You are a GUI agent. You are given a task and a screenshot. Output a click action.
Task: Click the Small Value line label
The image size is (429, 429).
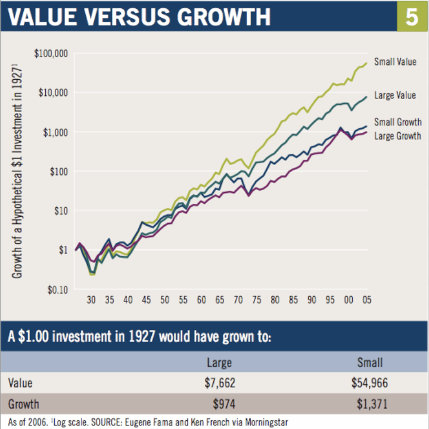point(395,62)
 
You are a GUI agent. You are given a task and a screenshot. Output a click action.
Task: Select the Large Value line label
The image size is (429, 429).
point(395,95)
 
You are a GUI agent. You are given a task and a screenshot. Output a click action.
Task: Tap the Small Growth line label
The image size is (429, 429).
point(397,122)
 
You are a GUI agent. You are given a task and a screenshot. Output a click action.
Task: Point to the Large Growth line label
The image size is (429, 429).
point(397,136)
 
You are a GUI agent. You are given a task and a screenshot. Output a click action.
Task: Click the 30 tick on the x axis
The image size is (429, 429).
point(91,300)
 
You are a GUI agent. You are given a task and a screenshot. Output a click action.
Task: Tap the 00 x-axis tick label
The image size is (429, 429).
point(348,300)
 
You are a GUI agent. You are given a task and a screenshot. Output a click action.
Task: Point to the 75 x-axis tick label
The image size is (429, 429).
point(257,300)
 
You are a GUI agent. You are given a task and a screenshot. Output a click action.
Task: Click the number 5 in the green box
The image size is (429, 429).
point(412,17)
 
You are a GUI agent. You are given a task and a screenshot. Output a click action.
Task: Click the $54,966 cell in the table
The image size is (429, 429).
point(369,383)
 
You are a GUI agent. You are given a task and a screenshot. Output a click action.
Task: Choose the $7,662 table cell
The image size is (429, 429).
point(220,383)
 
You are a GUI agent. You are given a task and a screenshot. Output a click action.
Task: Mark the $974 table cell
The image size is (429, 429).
point(224,404)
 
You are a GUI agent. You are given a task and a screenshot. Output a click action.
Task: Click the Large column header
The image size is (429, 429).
point(219,362)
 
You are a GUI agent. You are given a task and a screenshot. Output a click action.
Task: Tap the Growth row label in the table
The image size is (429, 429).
point(24,404)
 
